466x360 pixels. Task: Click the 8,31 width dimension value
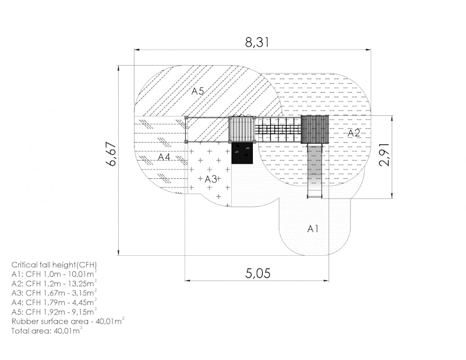pyautogui.click(x=257, y=42)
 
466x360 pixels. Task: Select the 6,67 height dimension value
pyautogui.click(x=112, y=154)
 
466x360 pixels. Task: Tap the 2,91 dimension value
pyautogui.click(x=384, y=154)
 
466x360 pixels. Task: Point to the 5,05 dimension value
pyautogui.click(x=257, y=273)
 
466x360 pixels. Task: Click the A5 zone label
pyautogui.click(x=197, y=91)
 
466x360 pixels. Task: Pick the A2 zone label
pyautogui.click(x=354, y=133)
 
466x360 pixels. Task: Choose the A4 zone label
pyautogui.click(x=164, y=157)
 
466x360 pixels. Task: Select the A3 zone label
pyautogui.click(x=211, y=179)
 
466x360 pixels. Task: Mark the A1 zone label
pyautogui.click(x=313, y=228)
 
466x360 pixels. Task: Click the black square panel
pyautogui.click(x=242, y=153)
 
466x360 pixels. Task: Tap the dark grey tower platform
pyautogui.click(x=315, y=130)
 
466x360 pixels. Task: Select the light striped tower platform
pyautogui.click(x=242, y=130)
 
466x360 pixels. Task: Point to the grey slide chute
pyautogui.click(x=315, y=171)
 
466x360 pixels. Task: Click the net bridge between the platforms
pyautogui.click(x=278, y=130)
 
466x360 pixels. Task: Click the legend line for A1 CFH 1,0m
pyautogui.click(x=54, y=274)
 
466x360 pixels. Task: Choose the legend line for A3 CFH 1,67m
pyautogui.click(x=54, y=293)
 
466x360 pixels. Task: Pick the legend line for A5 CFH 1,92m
pyautogui.click(x=54, y=312)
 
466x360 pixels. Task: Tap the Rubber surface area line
pyautogui.click(x=68, y=322)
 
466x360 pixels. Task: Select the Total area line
pyautogui.click(x=47, y=330)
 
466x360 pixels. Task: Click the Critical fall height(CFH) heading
pyautogui.click(x=54, y=265)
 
